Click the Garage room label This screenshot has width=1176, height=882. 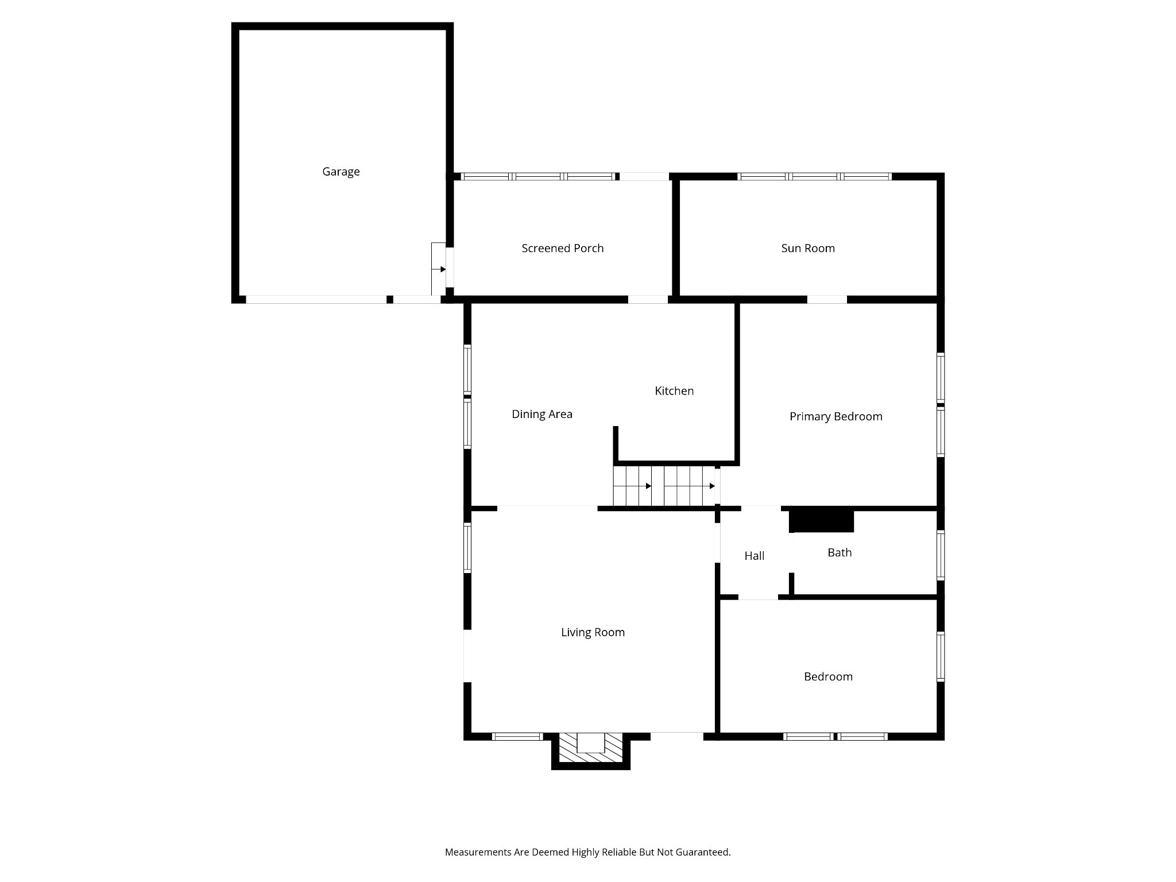pos(341,172)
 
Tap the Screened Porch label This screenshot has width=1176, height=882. pos(562,248)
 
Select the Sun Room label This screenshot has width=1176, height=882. pos(808,248)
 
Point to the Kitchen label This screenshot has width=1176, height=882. pos(674,390)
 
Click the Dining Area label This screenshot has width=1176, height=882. pos(542,414)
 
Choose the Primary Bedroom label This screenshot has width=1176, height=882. pos(835,416)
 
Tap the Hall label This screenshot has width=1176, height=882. pos(754,555)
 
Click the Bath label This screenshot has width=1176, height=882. pos(840,552)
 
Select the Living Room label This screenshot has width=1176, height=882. pos(593,632)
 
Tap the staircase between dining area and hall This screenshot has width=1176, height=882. pos(666,486)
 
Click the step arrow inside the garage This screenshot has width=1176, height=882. pos(439,269)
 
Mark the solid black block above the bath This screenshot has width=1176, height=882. pos(822,521)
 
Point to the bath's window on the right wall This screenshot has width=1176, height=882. pos(941,555)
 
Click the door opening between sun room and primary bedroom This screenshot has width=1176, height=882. pos(827,299)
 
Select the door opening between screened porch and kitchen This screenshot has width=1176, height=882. pos(648,299)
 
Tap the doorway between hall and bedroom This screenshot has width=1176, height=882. pos(758,597)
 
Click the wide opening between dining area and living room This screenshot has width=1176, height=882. pos(547,508)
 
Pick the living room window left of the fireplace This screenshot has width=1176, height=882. pos(517,737)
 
